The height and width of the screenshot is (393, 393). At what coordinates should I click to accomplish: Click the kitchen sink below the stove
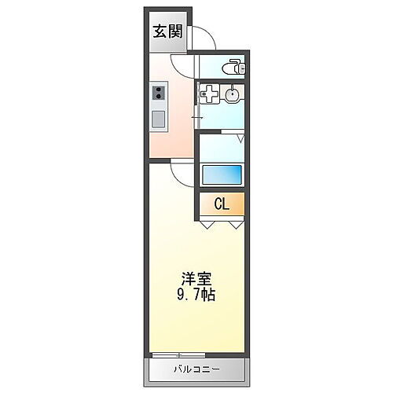(x=158, y=120)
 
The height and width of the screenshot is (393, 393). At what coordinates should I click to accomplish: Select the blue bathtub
(x=222, y=174)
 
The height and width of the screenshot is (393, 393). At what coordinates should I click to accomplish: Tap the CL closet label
(x=222, y=204)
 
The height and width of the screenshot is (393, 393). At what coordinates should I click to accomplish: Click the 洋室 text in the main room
(x=196, y=279)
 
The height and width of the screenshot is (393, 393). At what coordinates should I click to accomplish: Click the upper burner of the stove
(x=158, y=91)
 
